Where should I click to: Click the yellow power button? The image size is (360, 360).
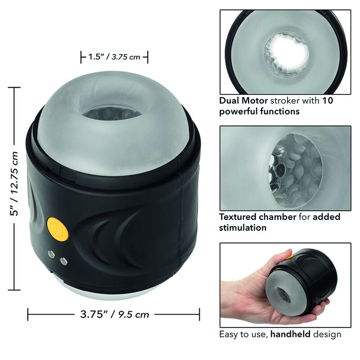point(58,229)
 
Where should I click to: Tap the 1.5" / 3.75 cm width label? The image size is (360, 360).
point(114,57)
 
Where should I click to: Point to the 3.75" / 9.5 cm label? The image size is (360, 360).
point(113,314)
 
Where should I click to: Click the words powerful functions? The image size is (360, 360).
point(259,111)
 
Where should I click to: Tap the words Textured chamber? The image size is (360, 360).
point(257,217)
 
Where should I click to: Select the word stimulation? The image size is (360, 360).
point(243,228)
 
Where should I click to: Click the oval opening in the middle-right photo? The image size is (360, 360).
point(297,172)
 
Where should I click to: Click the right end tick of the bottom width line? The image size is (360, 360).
point(199,314)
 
